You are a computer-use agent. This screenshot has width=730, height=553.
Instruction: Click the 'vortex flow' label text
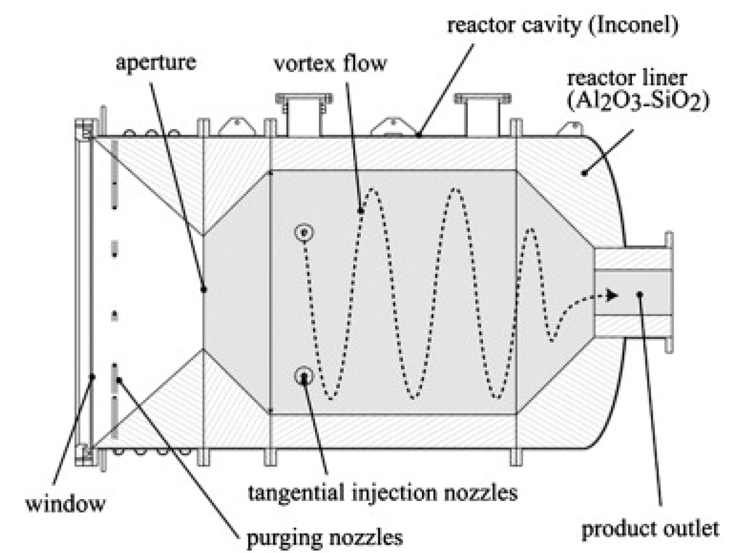pos(330,64)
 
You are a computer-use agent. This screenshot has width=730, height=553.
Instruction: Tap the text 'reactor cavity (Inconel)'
pos(563,25)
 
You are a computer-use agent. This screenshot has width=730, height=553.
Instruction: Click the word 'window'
pos(65,503)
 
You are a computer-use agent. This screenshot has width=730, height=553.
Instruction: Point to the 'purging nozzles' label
pos(324,538)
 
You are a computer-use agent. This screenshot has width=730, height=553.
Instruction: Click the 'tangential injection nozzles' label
pos(382,492)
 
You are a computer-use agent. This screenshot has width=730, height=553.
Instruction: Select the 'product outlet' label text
pos(650,528)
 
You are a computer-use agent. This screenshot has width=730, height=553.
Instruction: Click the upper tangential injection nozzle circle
pos(304,232)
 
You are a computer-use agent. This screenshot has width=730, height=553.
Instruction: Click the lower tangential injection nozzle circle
pos(303,377)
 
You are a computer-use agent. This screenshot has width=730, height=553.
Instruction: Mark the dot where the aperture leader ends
pos(204,290)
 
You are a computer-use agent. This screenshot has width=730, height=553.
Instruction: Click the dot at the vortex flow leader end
pos(361,210)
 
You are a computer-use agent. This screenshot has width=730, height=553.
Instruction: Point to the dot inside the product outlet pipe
pos(639,294)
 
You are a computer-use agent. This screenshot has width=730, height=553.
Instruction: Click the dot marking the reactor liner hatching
pos(584,173)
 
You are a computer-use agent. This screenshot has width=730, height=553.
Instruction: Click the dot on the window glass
pos(92,376)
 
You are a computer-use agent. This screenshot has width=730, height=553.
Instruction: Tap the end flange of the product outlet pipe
pos(668,292)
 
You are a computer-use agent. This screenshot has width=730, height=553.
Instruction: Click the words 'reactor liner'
pos(626,78)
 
